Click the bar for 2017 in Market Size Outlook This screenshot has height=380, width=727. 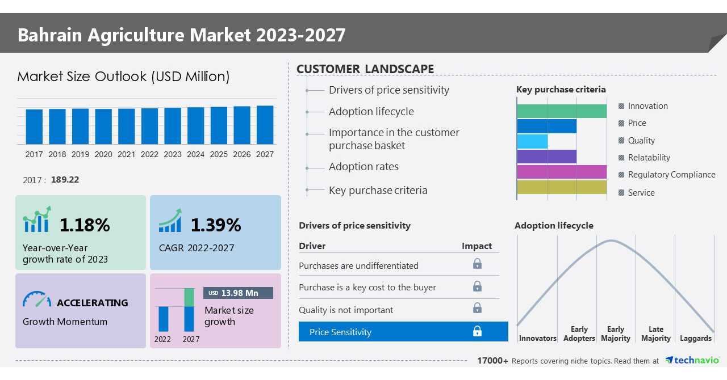(x=34, y=126)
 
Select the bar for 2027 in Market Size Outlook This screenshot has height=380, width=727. (x=265, y=125)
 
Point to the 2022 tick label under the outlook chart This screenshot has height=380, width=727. (x=149, y=154)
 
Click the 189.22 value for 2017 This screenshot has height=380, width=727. (x=65, y=180)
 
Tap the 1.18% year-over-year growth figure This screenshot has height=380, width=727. (x=85, y=225)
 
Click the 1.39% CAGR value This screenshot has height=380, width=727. (x=216, y=225)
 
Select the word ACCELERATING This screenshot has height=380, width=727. (x=93, y=303)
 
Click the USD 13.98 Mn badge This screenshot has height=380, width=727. (x=238, y=293)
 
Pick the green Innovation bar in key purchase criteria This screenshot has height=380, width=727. (x=561, y=111)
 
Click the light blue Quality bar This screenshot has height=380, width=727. (x=532, y=141)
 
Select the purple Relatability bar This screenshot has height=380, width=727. (x=546, y=157)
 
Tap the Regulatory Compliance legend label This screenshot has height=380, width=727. (x=671, y=175)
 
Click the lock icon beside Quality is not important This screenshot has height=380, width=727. (x=477, y=308)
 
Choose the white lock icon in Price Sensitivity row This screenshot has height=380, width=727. (x=477, y=331)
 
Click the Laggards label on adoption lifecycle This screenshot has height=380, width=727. (x=695, y=339)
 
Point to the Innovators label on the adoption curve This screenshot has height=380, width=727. (x=537, y=339)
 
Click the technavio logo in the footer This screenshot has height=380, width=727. (x=692, y=361)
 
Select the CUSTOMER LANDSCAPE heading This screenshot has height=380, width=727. (x=365, y=69)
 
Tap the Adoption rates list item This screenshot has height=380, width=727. (x=363, y=167)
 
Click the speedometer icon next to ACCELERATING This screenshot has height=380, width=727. (x=37, y=300)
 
